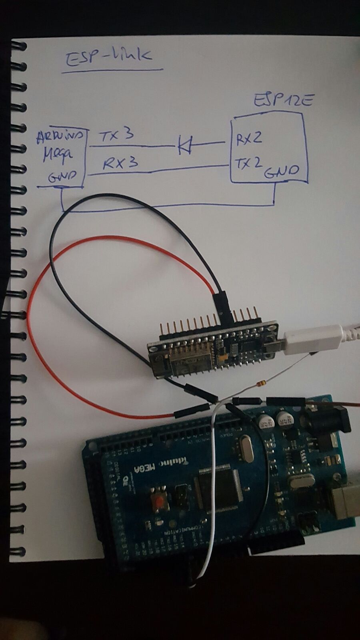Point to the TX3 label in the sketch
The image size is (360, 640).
tap(116, 136)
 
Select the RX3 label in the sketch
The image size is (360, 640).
tap(121, 163)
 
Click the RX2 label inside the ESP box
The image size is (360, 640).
tap(249, 138)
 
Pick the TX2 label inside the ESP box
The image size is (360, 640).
tap(248, 163)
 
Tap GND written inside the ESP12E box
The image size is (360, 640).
tap(282, 171)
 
